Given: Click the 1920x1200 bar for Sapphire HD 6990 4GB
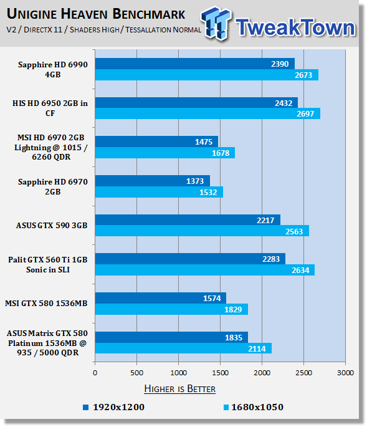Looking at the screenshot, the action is [x=194, y=64].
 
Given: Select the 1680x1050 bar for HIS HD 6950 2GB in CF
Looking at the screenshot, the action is [x=207, y=113].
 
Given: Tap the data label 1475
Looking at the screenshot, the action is [x=204, y=142].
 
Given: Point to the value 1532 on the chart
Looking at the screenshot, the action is [x=208, y=193].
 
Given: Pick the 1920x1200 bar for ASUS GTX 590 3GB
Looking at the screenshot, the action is [x=188, y=220].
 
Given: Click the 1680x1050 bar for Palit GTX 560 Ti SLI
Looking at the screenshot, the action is [x=205, y=270].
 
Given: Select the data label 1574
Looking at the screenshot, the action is [x=212, y=299].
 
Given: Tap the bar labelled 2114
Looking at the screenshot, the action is [x=183, y=348].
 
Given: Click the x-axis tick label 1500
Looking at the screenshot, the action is [x=220, y=373].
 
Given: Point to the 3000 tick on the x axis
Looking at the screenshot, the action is [x=345, y=373].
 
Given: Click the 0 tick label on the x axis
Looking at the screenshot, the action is [x=95, y=373].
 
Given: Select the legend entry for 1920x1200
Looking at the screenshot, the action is [x=114, y=407].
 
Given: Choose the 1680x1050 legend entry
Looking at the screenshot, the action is [x=254, y=407].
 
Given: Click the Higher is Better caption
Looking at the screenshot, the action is [x=179, y=388].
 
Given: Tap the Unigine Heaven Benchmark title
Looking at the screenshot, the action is [x=96, y=14].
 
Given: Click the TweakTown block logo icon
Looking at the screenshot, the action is [x=216, y=23].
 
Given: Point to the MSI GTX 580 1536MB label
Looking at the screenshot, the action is [x=46, y=304].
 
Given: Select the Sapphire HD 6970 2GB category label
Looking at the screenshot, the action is [x=53, y=187].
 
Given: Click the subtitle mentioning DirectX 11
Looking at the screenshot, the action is [x=103, y=29].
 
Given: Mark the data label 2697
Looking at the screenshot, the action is [x=305, y=114].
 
